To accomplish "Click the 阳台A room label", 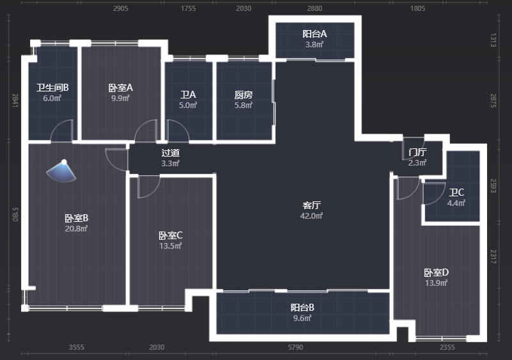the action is (x=314, y=34).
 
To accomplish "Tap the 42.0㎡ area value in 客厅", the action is (x=311, y=215).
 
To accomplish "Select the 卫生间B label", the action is (x=52, y=88).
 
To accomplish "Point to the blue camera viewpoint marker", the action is (x=61, y=171).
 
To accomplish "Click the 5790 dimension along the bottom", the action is (x=295, y=347).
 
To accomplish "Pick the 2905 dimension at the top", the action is (x=121, y=8).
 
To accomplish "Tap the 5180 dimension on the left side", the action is (x=15, y=214).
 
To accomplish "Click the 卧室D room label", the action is (x=436, y=272).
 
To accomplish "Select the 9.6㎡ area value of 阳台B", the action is (x=302, y=318).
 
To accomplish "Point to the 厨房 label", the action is (x=244, y=95).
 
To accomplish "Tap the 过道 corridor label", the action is (x=171, y=153).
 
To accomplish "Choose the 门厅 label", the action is (x=417, y=152).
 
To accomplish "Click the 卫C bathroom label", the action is (x=456, y=192).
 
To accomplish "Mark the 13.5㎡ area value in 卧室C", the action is (x=171, y=246).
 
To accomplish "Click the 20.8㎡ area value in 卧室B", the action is (x=76, y=228).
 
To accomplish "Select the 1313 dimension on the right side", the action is (x=493, y=40).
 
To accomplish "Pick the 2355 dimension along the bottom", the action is (x=447, y=347).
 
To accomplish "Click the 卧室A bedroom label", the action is (x=121, y=88).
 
